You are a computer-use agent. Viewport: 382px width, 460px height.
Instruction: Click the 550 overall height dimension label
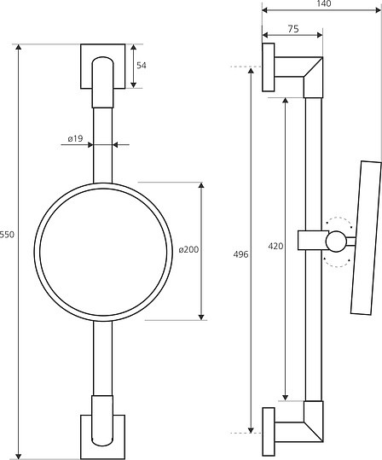pos(7,235)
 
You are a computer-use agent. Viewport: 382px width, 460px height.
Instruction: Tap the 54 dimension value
pos(142,66)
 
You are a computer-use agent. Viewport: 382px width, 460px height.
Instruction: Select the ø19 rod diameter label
pos(76,138)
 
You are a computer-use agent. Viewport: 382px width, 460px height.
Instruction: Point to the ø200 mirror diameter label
pos(188,250)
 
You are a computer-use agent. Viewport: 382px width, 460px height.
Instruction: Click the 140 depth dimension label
pos(324,3)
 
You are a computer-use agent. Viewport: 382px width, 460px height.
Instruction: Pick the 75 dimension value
pos(293,29)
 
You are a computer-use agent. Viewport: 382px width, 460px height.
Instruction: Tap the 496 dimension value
pos(240,254)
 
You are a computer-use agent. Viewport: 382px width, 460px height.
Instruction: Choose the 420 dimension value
pos(275,246)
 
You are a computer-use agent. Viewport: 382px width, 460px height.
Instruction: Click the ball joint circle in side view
pos(336,242)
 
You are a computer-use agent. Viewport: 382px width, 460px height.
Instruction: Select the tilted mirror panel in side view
pos(366,238)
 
